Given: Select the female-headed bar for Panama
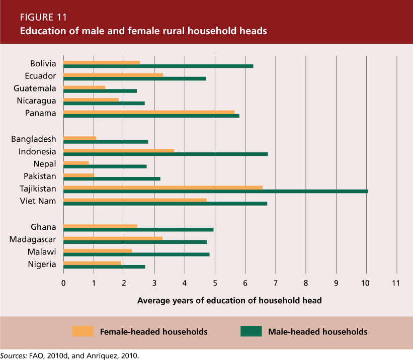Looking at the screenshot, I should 149,112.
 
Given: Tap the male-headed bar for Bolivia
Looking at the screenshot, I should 158,66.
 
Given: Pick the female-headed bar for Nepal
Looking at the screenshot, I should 76,162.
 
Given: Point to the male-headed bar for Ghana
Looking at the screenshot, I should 138,229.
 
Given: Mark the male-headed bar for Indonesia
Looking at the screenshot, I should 166,154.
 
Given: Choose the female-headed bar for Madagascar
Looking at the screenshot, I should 113,238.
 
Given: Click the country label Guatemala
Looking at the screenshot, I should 38,88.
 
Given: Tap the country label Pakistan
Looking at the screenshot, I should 40,176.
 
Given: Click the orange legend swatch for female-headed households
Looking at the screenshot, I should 82,331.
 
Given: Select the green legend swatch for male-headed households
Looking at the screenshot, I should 251,331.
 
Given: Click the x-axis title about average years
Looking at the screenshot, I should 229,301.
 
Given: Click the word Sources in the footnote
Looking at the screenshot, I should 13,355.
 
